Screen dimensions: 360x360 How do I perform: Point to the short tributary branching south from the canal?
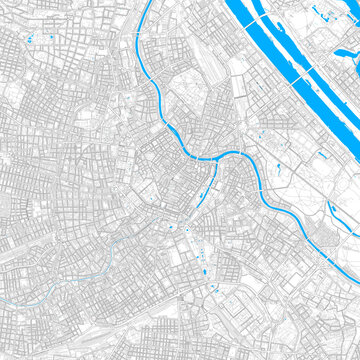tap(209, 185)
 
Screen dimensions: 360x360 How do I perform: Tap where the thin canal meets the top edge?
tap(149, 2)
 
